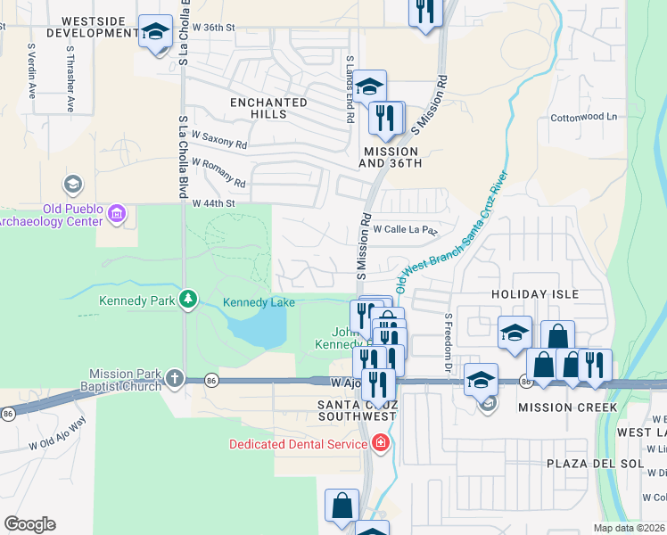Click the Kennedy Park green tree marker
click(x=188, y=299)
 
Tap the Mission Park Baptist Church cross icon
click(x=174, y=378)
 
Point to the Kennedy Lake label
click(x=259, y=303)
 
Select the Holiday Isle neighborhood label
click(x=536, y=294)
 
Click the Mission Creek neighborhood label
click(x=567, y=407)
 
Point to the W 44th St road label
click(x=213, y=203)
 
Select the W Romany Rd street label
click(x=218, y=172)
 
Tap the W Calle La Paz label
click(x=406, y=229)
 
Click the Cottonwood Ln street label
click(x=583, y=117)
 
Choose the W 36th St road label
click(x=215, y=27)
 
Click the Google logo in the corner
click(x=29, y=523)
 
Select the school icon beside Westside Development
click(x=156, y=33)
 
